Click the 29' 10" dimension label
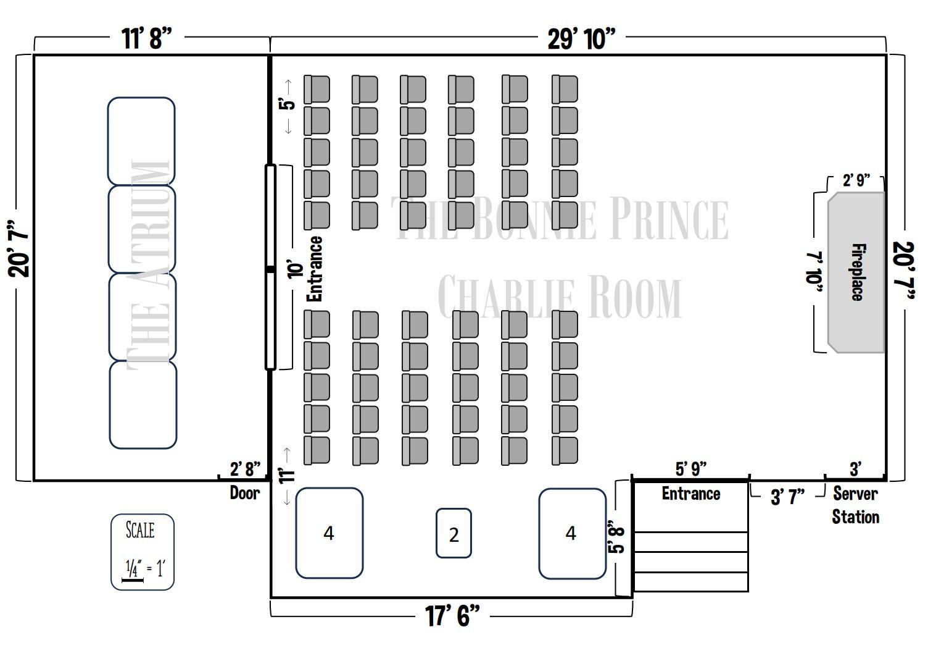[581, 38]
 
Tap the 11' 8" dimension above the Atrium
[146, 38]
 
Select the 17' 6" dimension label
[452, 615]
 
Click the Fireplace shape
[856, 272]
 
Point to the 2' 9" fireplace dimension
[856, 180]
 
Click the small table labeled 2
[454, 534]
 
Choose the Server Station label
[855, 505]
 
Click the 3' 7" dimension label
[787, 496]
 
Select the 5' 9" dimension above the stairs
[691, 469]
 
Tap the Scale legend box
[143, 552]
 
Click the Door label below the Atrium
[245, 492]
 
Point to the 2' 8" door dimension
[245, 469]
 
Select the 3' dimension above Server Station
[855, 469]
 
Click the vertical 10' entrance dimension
[297, 270]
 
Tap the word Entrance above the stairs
[691, 494]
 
